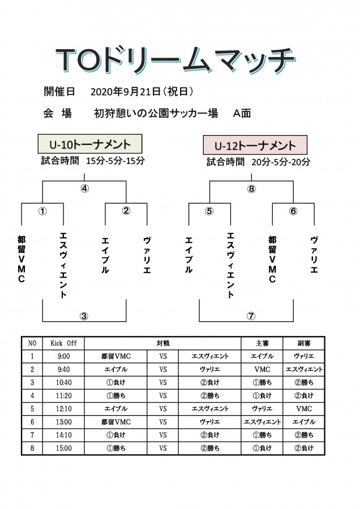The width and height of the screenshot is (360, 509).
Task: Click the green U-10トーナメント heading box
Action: pos(90,144)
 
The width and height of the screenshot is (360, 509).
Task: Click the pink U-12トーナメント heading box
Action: pos(255,145)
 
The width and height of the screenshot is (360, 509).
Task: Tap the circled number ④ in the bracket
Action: pos(84,188)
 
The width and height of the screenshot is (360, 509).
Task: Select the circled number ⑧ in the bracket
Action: pos(251,188)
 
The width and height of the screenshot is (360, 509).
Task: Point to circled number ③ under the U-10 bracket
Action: pos(84,316)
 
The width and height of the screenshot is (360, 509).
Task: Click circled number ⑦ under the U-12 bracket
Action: pos(251,316)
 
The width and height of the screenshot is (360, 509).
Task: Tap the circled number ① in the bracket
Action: pos(42,211)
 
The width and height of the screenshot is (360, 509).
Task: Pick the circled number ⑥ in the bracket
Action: pos(293,211)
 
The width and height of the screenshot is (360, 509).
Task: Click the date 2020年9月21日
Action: pos(126,92)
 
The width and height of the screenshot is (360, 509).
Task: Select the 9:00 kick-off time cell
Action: pos(64,356)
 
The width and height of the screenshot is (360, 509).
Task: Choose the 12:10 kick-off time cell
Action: pos(64,409)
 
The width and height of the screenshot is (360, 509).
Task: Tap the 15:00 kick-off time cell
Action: pos(64,448)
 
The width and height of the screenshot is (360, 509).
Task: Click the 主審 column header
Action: pos(262,343)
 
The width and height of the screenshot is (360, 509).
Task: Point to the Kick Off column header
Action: pos(64,343)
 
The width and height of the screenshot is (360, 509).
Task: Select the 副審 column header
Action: pos(304,343)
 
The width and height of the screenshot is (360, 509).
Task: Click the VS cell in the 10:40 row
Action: pos(163,382)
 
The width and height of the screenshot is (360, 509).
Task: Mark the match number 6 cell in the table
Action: pos(32,422)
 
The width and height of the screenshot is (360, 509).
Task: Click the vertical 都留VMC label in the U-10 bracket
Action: pos(22,260)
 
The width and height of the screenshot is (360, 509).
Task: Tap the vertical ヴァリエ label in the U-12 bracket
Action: pos(314,255)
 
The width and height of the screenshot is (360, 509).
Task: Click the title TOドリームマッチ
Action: pos(175,60)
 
